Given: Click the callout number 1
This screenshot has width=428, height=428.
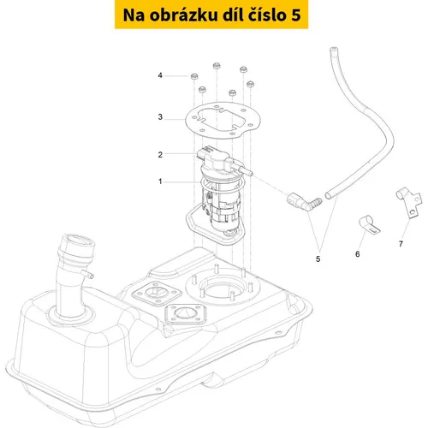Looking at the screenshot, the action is point(160,181).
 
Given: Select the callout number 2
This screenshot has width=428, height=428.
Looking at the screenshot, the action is point(160,155).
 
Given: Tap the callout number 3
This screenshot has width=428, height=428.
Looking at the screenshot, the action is point(160,116).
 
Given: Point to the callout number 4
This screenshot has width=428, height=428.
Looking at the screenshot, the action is point(160,75).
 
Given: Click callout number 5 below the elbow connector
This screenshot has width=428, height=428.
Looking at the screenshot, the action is point(318,259).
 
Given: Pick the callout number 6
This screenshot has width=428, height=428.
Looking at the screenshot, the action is point(358,254).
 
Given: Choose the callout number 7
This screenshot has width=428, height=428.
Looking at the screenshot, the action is point(401,244).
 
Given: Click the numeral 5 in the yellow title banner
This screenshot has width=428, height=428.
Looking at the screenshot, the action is point(296,15).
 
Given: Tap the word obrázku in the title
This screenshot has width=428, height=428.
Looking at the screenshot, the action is point(183,15).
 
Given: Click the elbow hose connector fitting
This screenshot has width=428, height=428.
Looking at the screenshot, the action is point(303,201).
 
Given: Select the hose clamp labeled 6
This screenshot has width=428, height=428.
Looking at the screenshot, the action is point(368,224).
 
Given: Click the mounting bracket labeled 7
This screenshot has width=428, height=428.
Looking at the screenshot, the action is point(410,201).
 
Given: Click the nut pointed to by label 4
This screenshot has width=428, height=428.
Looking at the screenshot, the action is point(194,76).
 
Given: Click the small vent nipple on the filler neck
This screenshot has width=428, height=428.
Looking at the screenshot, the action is point(88,275).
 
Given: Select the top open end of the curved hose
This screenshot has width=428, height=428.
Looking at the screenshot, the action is point(333,51).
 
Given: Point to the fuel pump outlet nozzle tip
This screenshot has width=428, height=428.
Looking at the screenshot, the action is point(250,173).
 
